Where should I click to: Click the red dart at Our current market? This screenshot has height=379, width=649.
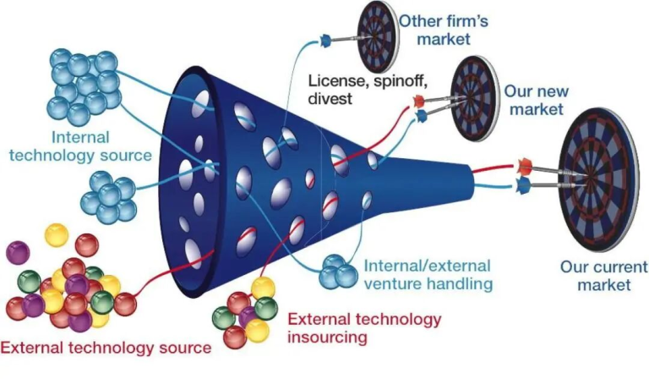[x=525, y=163]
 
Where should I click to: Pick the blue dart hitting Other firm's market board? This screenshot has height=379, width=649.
[x=324, y=38]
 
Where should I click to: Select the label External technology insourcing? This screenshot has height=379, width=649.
[x=364, y=328]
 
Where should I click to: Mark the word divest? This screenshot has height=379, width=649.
[x=333, y=99]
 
